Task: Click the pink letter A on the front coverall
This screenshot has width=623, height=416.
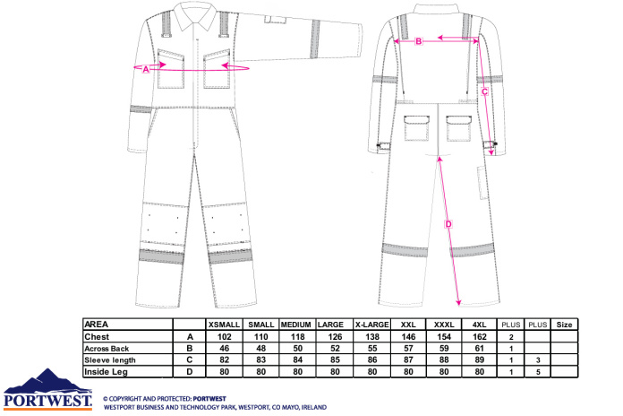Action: (146, 69)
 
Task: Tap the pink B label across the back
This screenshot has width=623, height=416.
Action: (418, 41)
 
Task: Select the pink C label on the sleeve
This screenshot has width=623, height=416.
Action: (484, 91)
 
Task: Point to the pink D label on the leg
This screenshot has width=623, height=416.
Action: (448, 224)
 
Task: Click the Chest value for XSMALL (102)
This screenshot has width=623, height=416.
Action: (225, 337)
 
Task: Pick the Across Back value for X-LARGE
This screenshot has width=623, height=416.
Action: (372, 349)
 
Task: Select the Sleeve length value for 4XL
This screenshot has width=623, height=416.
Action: (480, 360)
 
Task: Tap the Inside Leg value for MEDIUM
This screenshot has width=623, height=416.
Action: (298, 372)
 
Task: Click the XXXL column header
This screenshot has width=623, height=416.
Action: (444, 325)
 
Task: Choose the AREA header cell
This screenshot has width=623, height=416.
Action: (96, 325)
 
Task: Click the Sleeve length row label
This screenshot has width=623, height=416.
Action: (110, 360)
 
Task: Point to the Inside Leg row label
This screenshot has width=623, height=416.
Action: (107, 372)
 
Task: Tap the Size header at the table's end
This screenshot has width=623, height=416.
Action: (564, 325)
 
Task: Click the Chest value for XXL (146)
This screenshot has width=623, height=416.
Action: (408, 337)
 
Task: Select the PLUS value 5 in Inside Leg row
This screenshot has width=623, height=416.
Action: (538, 372)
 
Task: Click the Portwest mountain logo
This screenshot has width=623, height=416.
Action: (48, 389)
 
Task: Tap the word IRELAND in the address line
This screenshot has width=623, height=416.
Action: (314, 407)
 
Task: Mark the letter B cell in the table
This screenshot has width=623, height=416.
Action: (190, 349)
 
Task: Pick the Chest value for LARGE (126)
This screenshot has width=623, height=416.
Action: (335, 337)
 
